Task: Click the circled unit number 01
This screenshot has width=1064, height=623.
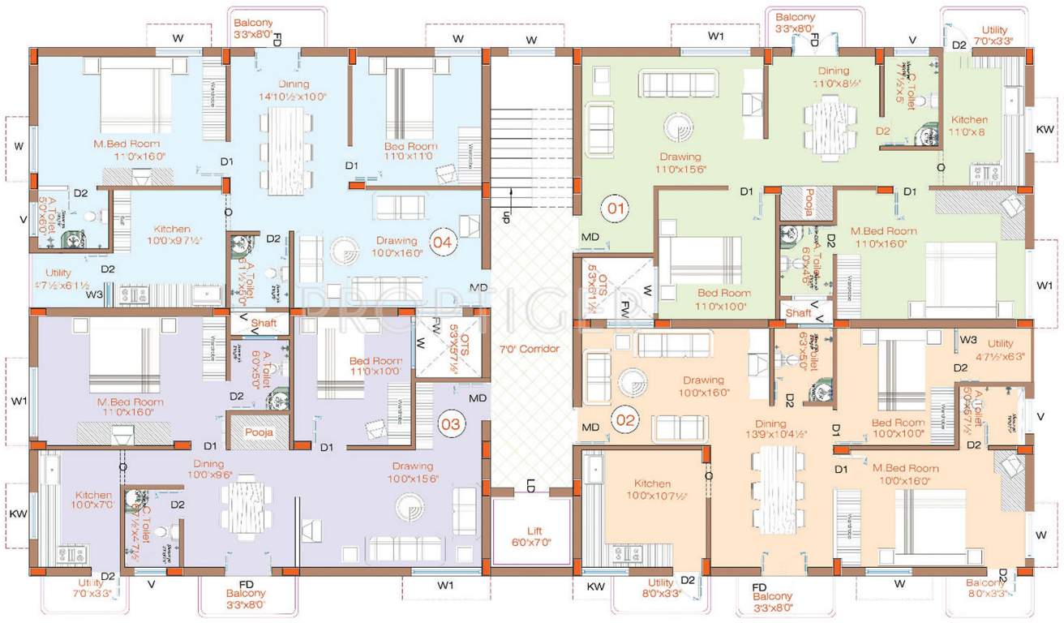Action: (x=615, y=209)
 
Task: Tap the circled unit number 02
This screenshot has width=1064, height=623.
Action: (x=627, y=421)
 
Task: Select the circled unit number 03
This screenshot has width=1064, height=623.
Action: (x=451, y=423)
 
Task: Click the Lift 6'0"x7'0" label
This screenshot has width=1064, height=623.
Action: (x=530, y=535)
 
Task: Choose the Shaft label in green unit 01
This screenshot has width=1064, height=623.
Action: (x=799, y=312)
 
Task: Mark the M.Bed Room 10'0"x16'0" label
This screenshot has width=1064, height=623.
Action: (x=905, y=473)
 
